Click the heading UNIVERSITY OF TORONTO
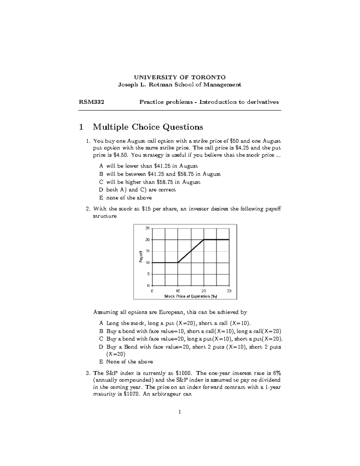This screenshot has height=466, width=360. pyautogui.click(x=179, y=77)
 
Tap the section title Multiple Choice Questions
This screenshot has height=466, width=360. pyautogui.click(x=148, y=127)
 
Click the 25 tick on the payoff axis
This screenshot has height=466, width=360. pyautogui.click(x=147, y=228)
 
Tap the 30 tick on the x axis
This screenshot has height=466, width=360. pyautogui.click(x=229, y=291)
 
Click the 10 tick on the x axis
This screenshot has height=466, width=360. pyautogui.click(x=178, y=291)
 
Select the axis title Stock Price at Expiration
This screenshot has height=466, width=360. pyautogui.click(x=190, y=296)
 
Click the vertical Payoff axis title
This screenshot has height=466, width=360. pyautogui.click(x=140, y=257)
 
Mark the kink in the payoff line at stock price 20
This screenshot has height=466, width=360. pyautogui.click(x=204, y=239)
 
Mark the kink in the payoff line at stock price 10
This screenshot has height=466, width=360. pyautogui.click(x=178, y=263)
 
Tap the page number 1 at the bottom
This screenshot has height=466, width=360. pyautogui.click(x=179, y=412)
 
